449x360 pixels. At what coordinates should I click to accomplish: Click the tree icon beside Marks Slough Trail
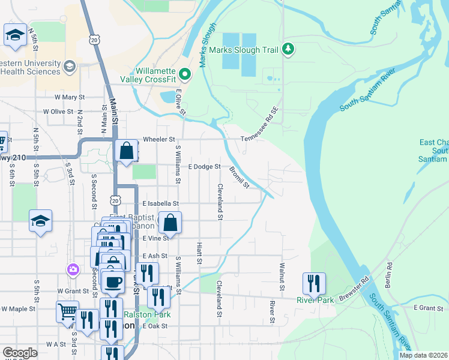289,50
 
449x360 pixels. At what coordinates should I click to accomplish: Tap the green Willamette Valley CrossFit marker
185,74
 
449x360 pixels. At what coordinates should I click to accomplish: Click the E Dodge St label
205,167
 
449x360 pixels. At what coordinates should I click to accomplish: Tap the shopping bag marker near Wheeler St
127,151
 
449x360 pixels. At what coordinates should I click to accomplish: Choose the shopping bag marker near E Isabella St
170,223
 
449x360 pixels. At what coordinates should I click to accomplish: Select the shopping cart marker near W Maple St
67,312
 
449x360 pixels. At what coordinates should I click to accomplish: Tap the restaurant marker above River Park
314,283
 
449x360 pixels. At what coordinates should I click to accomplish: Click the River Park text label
315,300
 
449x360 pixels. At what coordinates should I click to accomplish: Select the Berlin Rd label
389,273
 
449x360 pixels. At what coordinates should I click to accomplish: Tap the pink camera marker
73,269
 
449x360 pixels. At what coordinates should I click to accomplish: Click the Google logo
20,353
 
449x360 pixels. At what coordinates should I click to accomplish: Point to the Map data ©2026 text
423,355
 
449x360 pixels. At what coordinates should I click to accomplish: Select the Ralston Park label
147,314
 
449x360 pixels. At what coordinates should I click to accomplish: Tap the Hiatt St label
199,253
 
